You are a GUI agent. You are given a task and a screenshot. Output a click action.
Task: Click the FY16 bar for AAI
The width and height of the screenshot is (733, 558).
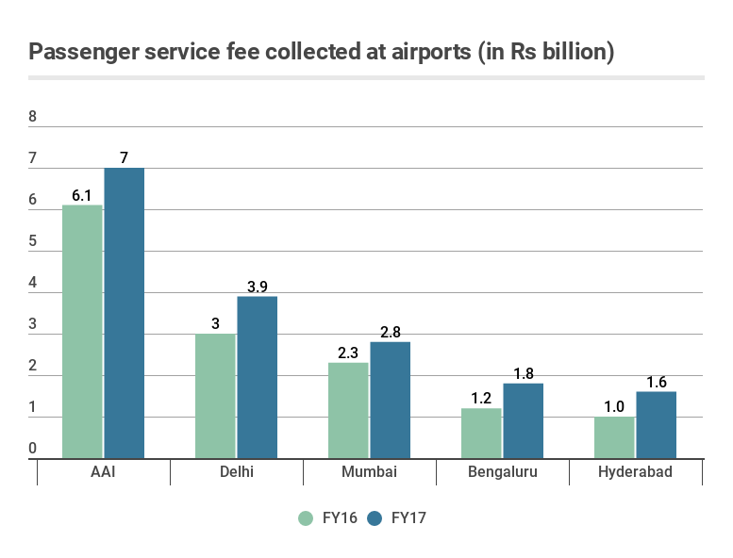[82, 332]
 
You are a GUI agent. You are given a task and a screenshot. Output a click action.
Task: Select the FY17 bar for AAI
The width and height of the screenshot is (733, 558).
[124, 313]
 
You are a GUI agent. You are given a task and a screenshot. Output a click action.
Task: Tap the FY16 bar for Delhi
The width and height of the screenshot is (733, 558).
[215, 396]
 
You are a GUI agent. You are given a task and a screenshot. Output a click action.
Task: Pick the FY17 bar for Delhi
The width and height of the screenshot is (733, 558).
[257, 377]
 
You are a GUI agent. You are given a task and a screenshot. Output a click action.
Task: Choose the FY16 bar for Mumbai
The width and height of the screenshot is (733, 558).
[348, 410]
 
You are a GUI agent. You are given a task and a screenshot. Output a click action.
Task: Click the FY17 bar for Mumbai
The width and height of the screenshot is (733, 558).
[390, 400]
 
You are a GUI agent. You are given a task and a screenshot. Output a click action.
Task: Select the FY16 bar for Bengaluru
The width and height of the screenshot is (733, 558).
[481, 433]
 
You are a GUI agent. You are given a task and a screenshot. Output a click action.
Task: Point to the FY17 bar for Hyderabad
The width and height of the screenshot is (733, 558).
[656, 425]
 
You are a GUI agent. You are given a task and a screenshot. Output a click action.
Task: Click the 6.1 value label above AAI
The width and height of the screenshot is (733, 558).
[82, 195]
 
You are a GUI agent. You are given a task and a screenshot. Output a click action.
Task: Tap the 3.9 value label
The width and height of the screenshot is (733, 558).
[257, 287]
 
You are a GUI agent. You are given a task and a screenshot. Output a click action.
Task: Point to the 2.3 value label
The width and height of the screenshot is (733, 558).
[348, 353]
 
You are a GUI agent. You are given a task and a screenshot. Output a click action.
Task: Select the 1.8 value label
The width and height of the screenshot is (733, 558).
[523, 373]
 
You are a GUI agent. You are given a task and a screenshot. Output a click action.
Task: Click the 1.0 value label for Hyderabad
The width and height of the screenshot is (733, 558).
[614, 406]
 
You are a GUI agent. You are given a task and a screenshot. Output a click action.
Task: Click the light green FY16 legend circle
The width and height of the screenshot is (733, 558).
[306, 517]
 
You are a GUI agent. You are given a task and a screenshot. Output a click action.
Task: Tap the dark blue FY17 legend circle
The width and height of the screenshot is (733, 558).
[375, 517]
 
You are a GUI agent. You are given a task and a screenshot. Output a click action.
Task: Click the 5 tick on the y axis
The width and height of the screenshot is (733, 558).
[33, 242]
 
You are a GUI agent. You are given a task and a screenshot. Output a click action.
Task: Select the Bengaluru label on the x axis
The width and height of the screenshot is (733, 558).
[502, 472]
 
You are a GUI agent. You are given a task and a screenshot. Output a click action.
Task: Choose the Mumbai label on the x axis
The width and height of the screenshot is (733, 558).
[369, 472]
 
